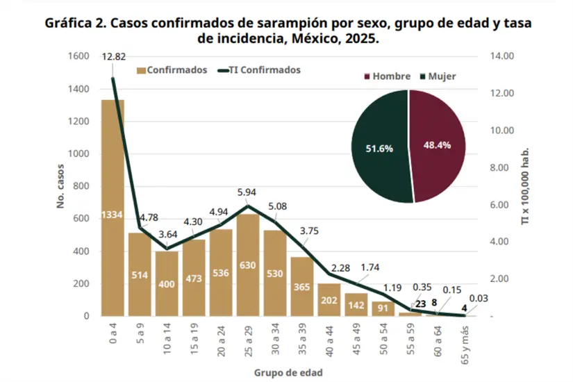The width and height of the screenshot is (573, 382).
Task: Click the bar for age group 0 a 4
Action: [113, 208]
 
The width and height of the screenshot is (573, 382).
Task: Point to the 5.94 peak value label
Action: [248, 192]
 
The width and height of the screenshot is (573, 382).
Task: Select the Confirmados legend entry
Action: [172, 70]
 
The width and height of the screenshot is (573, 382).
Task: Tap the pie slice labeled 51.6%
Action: [380, 148]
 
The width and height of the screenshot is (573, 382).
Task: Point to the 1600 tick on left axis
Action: [78, 56]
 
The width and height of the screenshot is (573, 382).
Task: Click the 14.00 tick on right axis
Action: [501, 56]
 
